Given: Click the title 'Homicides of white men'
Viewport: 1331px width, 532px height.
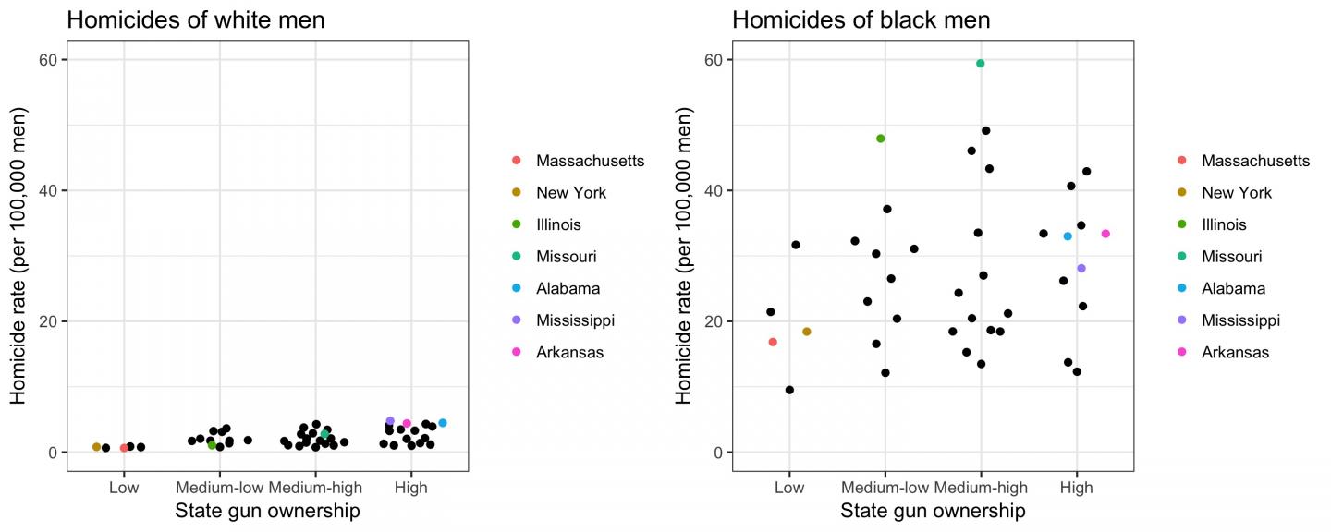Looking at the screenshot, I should coord(195,19).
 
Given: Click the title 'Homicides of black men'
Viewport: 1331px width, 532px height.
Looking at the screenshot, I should coord(861,19).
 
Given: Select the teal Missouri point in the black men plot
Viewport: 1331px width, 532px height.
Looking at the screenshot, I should coord(980,64).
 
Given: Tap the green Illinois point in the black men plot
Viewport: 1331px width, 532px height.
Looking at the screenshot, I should coord(880,139).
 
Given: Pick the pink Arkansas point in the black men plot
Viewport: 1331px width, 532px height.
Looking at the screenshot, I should coord(1105,234).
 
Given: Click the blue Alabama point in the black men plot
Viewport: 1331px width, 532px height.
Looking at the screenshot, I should coord(1068,236).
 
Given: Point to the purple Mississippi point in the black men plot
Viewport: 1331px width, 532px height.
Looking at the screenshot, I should coord(1081,269).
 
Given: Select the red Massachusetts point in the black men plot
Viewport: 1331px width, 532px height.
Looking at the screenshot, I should coord(773,342).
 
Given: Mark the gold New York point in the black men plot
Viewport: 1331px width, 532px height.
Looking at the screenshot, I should coord(806,332).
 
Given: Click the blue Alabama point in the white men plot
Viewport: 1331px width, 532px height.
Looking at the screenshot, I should coord(442,423).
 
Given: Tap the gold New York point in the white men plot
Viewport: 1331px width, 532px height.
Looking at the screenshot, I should coord(96,447).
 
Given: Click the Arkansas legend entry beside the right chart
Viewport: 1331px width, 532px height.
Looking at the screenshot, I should coord(1235,352).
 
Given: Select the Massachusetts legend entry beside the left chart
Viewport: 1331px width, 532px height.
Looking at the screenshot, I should coord(590,161).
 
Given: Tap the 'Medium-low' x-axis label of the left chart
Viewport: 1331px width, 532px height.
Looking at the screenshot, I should coord(219,488).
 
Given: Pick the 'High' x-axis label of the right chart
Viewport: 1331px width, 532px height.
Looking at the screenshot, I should coord(1076,488).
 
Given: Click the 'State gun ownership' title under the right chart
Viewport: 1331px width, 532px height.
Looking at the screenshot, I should coord(933,511).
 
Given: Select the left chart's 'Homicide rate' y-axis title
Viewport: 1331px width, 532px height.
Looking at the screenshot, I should coord(18,256).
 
